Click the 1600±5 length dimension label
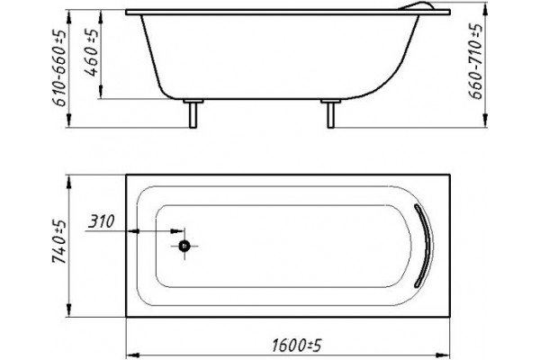[296, 346]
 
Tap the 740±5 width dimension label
[58, 241]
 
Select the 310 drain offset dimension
[101, 221]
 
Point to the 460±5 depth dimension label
[91, 52]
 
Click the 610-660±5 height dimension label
[58, 68]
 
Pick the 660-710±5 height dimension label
[476, 61]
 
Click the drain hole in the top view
[184, 246]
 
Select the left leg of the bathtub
[193, 115]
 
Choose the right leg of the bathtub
[330, 115]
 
